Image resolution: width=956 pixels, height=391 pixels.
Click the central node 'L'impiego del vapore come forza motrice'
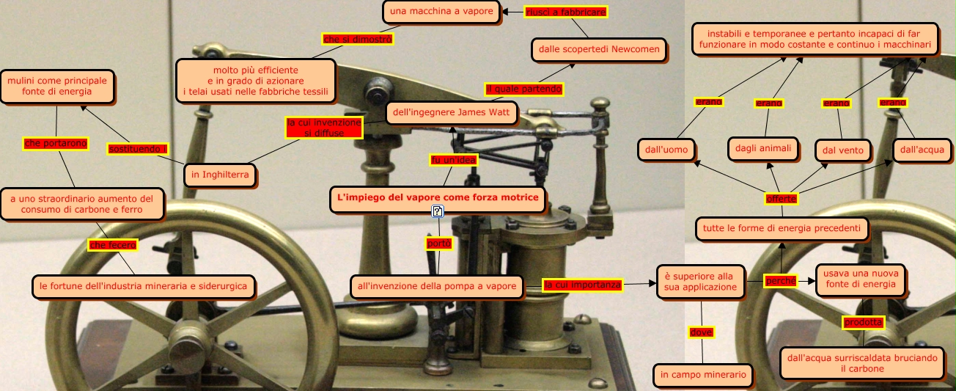[x=438, y=197]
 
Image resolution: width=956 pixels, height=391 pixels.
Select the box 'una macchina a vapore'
[x=441, y=12]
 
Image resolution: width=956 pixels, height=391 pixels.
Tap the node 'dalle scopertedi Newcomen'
[x=599, y=50]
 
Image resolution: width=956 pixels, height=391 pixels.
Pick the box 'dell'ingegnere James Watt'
[x=451, y=113]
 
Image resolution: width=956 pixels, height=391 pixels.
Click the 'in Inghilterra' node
[x=220, y=175]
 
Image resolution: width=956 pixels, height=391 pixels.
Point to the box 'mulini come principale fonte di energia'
[x=57, y=87]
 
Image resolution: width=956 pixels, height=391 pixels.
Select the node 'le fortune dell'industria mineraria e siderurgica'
[x=144, y=286]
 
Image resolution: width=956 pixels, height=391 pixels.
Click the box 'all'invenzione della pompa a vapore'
[x=436, y=286]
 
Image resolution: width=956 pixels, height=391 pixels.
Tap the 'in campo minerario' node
[x=702, y=375]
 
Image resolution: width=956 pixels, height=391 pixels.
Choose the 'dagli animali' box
[x=763, y=148]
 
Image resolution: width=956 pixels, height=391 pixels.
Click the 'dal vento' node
[x=843, y=151]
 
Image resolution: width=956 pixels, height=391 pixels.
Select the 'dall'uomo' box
[x=666, y=150]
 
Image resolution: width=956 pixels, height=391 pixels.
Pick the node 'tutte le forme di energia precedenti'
[x=781, y=228]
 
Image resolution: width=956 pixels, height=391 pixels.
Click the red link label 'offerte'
[x=781, y=199]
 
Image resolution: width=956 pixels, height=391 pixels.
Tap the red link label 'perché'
[x=780, y=281]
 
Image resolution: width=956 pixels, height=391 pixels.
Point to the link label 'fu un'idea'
[x=453, y=160]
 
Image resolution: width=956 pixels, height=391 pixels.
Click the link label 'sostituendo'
[x=137, y=149]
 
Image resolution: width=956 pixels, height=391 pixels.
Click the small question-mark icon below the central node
[x=438, y=212]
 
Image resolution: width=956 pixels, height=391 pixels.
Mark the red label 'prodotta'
[x=863, y=322]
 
